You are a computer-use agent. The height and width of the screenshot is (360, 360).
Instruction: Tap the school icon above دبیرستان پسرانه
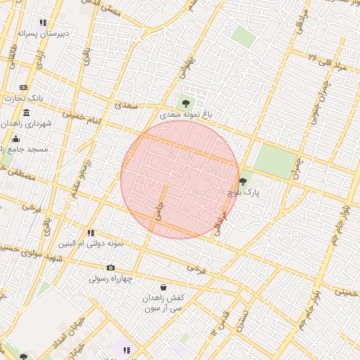click(x=44, y=22)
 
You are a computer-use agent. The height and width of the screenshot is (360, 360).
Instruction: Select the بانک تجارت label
click(x=23, y=98)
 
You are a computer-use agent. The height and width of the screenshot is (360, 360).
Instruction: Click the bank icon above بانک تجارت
click(x=24, y=87)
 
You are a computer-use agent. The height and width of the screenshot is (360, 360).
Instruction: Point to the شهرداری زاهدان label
click(x=26, y=124)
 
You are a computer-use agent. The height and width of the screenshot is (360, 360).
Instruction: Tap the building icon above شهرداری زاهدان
click(x=26, y=113)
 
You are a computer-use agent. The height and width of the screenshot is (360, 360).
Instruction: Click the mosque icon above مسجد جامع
click(x=15, y=139)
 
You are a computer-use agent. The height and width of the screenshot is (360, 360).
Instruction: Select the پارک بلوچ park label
click(x=243, y=192)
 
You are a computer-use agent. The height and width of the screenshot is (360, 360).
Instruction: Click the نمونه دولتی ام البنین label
click(x=91, y=243)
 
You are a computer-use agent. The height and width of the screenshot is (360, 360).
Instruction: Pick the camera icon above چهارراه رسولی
click(x=110, y=267)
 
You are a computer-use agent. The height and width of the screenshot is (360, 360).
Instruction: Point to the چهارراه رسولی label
click(x=110, y=278)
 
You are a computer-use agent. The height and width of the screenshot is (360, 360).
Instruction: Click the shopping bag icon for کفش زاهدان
click(x=163, y=287)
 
